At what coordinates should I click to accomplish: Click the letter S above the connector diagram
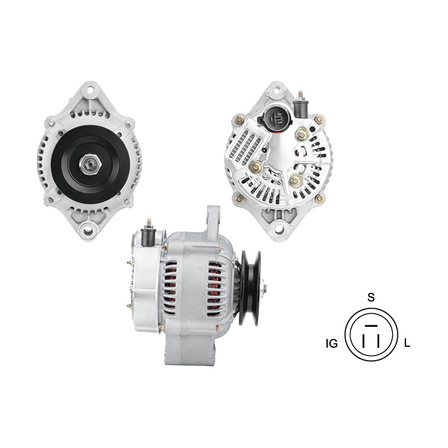coord(371,298)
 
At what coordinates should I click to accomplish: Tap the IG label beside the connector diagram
coord(332,343)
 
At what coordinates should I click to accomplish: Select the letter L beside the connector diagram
coord(407,343)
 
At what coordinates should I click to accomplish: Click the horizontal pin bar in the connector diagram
coord(371,325)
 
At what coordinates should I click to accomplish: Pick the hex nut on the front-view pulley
coord(90,164)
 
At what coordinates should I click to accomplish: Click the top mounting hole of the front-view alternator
coord(90,90)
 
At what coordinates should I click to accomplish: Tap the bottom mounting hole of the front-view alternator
coord(88,231)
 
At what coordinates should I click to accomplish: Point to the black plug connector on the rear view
coord(276,118)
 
